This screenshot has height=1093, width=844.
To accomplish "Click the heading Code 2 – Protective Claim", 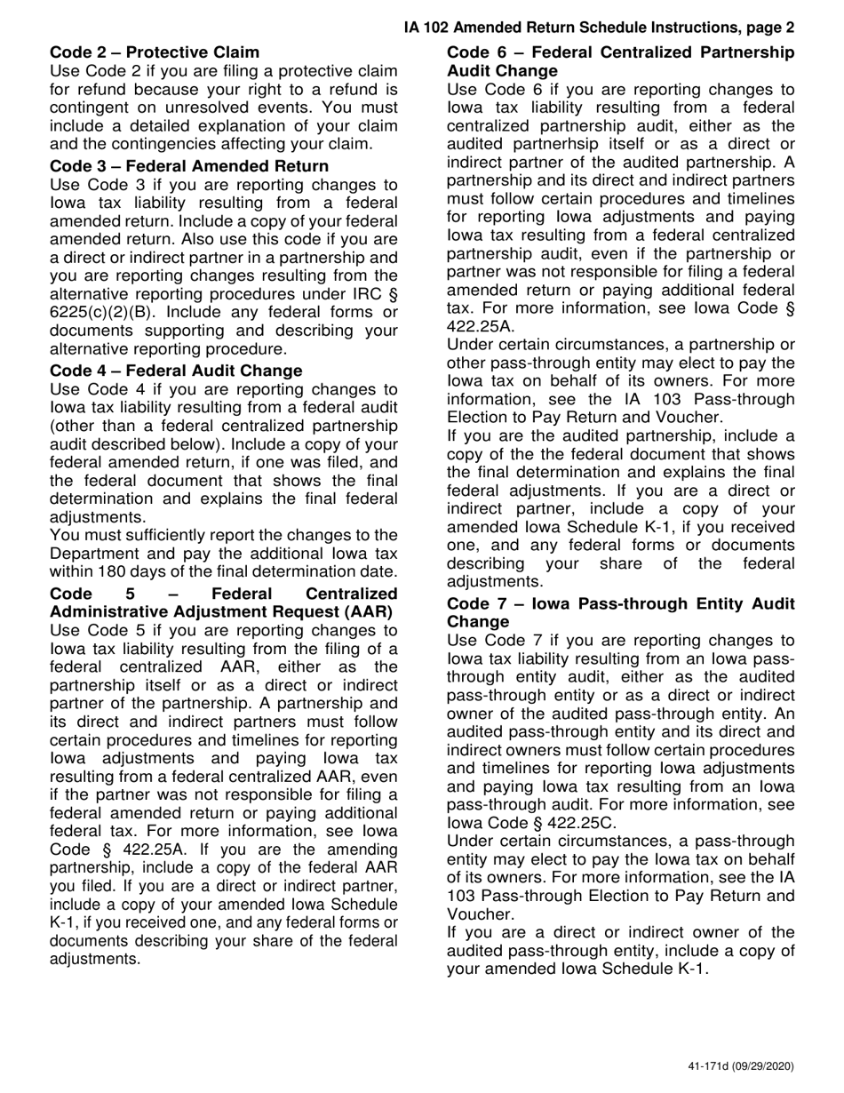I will click(x=155, y=52).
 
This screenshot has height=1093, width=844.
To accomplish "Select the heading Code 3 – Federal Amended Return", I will click(x=189, y=166).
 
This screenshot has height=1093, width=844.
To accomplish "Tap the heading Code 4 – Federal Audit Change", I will click(x=176, y=370).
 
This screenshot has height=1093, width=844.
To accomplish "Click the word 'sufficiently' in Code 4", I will click(x=172, y=535).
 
